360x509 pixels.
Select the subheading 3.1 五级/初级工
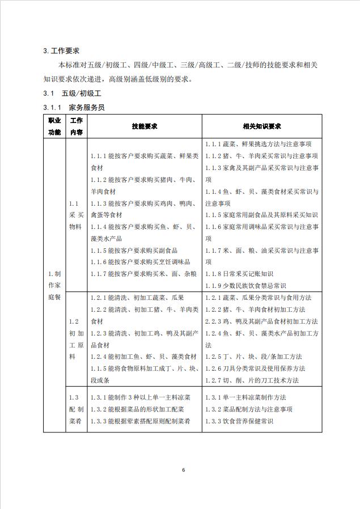click(74, 93)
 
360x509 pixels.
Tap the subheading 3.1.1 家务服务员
click(74, 107)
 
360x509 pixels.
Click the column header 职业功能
click(54, 126)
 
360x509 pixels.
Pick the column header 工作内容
click(76, 126)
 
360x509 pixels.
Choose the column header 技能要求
click(144, 126)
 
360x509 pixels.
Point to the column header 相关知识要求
click(262, 126)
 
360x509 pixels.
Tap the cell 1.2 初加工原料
click(76, 339)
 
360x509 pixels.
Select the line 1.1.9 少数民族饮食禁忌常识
click(247, 286)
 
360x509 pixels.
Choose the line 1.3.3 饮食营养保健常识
click(239, 421)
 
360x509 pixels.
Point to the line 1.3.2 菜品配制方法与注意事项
click(249, 409)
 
